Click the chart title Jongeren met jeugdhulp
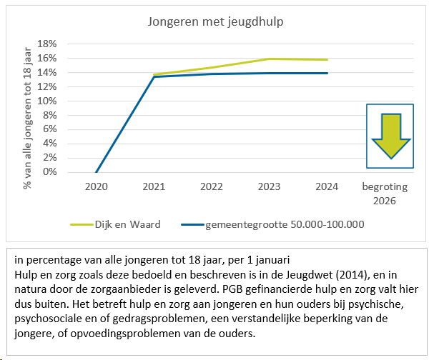pyautogui.click(x=214, y=21)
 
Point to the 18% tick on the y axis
pyautogui.click(x=47, y=44)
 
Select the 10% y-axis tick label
pyautogui.click(x=47, y=101)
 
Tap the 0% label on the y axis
pyautogui.click(x=50, y=172)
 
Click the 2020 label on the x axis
pyautogui.click(x=97, y=187)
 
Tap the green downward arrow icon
pyautogui.click(x=390, y=135)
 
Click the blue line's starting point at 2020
pyautogui.click(x=97, y=172)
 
